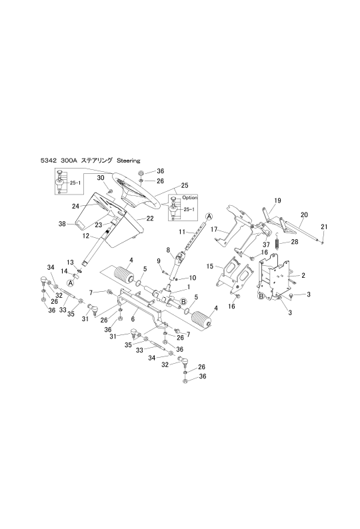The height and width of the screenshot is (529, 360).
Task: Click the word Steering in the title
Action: [128, 161]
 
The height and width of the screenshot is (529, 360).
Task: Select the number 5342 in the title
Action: [47, 161]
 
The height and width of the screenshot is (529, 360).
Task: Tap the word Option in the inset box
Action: [190, 197]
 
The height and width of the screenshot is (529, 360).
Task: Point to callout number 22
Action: [150, 219]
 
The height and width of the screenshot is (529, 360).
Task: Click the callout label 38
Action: [62, 224]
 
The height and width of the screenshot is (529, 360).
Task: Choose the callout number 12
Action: [86, 236]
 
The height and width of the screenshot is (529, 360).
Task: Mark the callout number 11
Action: [183, 231]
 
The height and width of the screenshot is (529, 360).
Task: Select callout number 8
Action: [167, 251]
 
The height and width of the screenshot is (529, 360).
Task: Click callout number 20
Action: [304, 215]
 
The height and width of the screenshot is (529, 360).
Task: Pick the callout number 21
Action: [324, 227]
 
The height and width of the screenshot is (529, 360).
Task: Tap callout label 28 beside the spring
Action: [295, 242]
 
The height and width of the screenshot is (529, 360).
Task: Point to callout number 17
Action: [214, 229]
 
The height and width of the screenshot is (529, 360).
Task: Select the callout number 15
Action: [210, 266]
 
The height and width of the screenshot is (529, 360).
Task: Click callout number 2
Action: [303, 275]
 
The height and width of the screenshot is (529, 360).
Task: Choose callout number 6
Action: [133, 318]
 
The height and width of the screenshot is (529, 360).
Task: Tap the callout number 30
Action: [101, 177]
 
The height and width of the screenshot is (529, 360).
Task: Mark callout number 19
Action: [277, 201]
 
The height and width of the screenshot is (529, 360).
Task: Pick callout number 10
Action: [193, 278]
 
